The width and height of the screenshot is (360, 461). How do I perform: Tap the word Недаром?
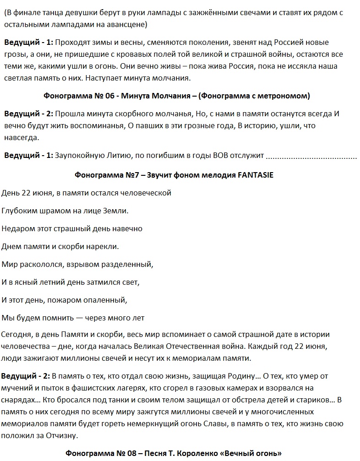click(16, 228)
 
